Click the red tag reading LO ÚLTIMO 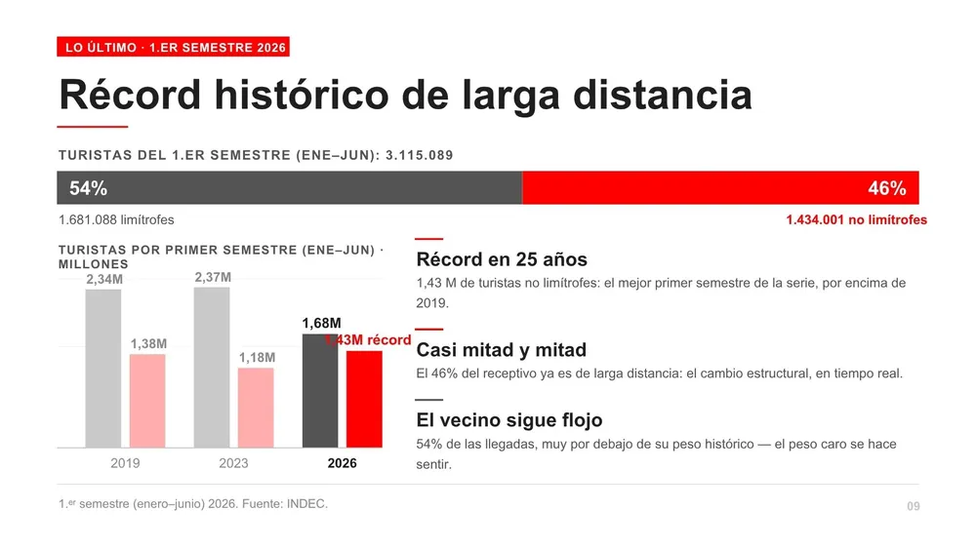pos(173,47)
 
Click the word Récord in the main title pos(130,95)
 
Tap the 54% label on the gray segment pos(88,188)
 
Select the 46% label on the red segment pos(887,188)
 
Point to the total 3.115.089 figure pos(419,155)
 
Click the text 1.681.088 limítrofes pos(116,219)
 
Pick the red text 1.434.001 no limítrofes pos(856,219)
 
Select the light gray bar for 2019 pos(103,368)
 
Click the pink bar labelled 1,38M pos(147,401)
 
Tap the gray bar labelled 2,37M pos(212,367)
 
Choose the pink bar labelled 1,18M pos(256,408)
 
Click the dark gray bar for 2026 pos(320,390)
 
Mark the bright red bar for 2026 pos(364,399)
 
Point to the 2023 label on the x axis pos(233,463)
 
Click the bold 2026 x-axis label pos(342,463)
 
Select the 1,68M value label pos(321,324)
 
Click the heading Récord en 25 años pos(502,259)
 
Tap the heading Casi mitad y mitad pos(501,349)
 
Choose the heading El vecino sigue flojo pos(509,420)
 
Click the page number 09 pos(914,506)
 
